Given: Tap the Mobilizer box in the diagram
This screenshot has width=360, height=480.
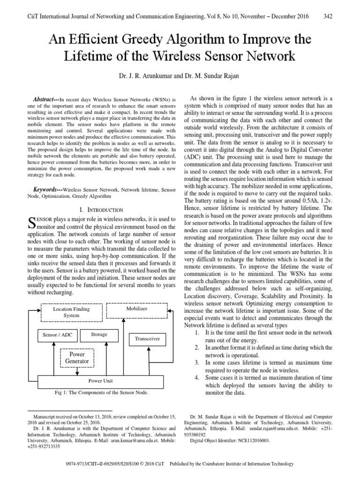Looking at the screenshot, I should point(136,309).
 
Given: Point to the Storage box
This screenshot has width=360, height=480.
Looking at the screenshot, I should point(99,335).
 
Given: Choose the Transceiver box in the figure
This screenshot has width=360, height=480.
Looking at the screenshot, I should point(147,338).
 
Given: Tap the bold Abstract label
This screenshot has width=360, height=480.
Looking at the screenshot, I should point(46,100).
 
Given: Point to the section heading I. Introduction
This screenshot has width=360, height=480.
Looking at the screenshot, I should point(103,210).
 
